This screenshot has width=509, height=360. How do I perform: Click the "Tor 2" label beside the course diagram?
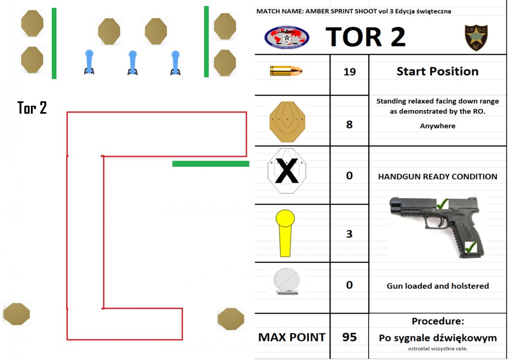coord(32,108)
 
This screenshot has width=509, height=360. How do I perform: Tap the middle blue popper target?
coord(132,62)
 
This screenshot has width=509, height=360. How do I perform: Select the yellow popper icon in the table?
coord(285,234)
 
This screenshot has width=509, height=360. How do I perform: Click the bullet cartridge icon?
coord(286,70)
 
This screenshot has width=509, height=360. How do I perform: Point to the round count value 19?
coord(349,72)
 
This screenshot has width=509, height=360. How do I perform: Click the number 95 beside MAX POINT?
coord(349,337)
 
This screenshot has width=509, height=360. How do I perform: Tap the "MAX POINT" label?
coord(292,337)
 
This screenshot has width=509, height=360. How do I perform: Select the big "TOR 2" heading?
coord(365,37)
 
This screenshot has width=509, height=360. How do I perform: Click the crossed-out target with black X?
coord(287,172)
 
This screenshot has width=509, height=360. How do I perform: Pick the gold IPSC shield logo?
coord(476,37)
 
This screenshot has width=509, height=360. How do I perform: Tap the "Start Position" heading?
coord(437,71)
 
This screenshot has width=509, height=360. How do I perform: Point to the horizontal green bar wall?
coord(210,164)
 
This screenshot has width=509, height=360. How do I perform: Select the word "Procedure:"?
coord(437,321)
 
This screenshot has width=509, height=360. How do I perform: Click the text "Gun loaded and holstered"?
coord(438,286)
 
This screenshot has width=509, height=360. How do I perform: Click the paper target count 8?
coord(349,125)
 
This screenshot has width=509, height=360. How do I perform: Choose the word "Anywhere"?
coord(437,126)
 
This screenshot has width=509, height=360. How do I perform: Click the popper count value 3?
coord(349,234)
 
